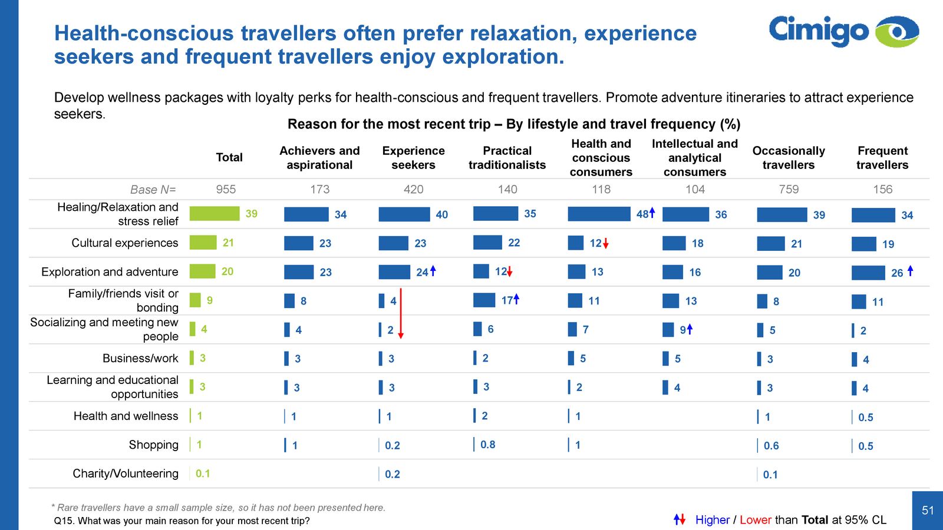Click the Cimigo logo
(x=843, y=31)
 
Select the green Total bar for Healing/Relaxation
(x=215, y=213)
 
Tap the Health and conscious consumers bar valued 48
(x=599, y=214)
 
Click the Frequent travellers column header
(x=882, y=158)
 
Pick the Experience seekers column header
(x=413, y=158)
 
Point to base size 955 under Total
(x=226, y=189)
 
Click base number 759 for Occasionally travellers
(x=789, y=189)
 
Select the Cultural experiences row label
(x=124, y=243)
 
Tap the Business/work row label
(x=140, y=358)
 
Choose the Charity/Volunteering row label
(x=125, y=473)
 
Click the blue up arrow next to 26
(x=911, y=271)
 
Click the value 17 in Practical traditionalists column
(x=507, y=300)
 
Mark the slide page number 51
(x=928, y=511)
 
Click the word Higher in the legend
(x=712, y=520)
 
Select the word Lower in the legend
(x=755, y=520)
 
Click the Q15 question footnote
(x=182, y=521)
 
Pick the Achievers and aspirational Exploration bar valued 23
(x=299, y=272)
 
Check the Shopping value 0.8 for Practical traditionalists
(x=487, y=445)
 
